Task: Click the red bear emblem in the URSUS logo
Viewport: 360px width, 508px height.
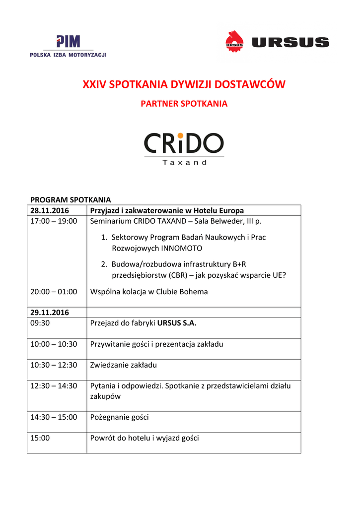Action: pos(234,41)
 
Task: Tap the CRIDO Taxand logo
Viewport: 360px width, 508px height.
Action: pos(184,148)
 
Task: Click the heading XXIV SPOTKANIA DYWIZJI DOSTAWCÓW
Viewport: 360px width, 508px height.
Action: pos(184,84)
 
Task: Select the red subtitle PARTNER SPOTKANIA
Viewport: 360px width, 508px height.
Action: pos(184,104)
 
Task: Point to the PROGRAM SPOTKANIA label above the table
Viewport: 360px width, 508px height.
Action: pos(71,199)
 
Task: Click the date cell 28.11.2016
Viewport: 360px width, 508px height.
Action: pos(49,210)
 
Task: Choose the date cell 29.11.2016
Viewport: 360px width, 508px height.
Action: pos(49,313)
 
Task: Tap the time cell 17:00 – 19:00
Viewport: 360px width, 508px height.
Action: pos(54,221)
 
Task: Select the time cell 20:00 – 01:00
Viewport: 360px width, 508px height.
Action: pos(54,292)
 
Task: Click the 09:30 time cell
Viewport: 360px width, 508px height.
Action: pos(40,323)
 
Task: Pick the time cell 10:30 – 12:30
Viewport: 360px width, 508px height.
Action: pos(54,365)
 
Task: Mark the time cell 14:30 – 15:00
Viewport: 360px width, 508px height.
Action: pos(54,417)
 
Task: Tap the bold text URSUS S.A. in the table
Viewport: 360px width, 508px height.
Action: pos(177,323)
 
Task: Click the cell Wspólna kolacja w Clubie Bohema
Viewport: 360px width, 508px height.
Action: pos(148,292)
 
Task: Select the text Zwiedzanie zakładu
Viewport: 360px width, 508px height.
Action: pos(123,365)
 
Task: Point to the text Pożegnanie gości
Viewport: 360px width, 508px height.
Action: pos(119,417)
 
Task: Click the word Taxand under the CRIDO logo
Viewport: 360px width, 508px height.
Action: pos(184,162)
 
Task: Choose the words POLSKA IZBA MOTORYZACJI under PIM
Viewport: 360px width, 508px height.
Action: pos(68,55)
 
